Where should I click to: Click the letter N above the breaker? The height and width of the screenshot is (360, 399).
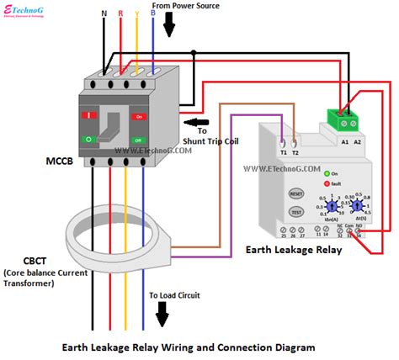(x=104, y=14)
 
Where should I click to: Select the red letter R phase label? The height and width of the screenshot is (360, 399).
(x=120, y=14)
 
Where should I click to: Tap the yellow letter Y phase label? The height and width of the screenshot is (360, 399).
(x=136, y=14)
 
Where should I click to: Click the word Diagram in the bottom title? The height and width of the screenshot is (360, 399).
(x=290, y=346)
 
